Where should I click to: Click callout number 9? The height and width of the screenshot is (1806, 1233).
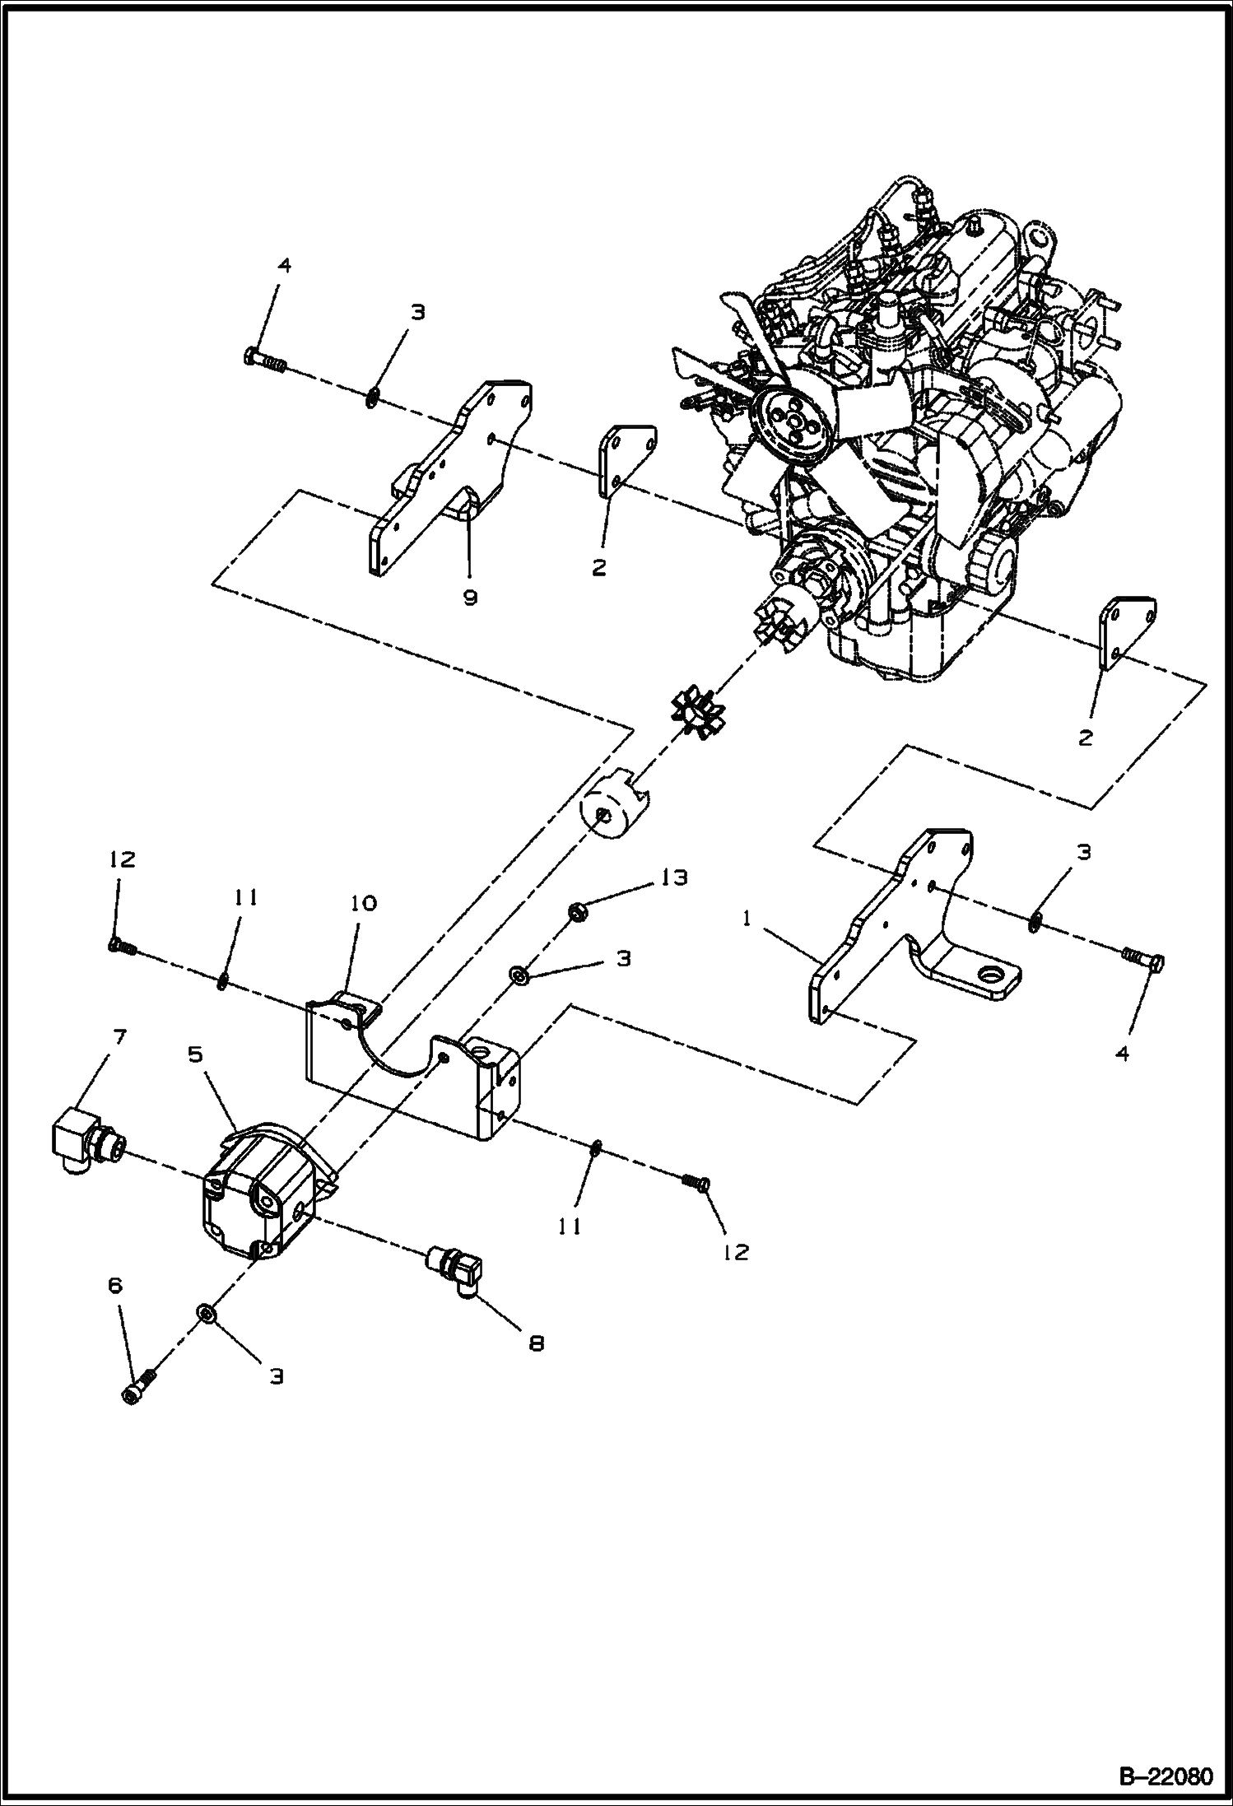(x=470, y=598)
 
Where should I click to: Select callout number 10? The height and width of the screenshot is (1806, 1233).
(x=363, y=903)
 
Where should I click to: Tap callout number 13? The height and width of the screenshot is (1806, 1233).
(x=672, y=877)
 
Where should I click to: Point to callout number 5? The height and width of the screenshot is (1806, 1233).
(x=195, y=1055)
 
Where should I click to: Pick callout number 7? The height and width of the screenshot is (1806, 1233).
(x=119, y=1036)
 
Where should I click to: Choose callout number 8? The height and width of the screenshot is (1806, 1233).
(x=536, y=1343)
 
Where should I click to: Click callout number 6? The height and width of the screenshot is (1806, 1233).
(x=114, y=1285)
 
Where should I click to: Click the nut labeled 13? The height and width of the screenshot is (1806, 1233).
(x=576, y=911)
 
